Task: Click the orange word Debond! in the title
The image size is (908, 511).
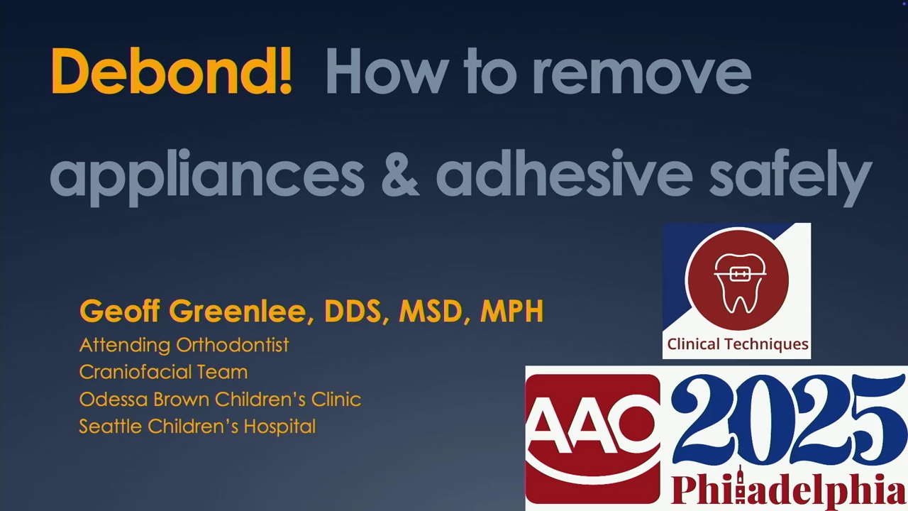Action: [x=171, y=71]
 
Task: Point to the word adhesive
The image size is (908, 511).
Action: [x=564, y=173]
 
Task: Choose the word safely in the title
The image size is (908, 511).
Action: [x=790, y=176]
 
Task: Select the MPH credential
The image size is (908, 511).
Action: [x=511, y=311]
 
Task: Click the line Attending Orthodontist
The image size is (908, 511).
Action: [x=184, y=345]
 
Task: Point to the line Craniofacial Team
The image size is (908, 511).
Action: [x=163, y=372]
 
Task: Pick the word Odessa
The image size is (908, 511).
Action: [x=114, y=399]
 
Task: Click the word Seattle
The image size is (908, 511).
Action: [x=110, y=427]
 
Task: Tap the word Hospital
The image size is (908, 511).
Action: [x=279, y=427]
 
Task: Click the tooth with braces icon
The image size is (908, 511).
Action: [x=739, y=283]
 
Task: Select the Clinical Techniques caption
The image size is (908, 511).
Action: [x=737, y=344]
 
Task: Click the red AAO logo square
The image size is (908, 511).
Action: [x=592, y=438]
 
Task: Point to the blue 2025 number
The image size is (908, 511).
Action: [x=788, y=419]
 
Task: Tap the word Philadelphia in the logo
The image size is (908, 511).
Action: [x=788, y=489]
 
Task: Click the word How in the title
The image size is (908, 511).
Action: [x=387, y=72]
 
